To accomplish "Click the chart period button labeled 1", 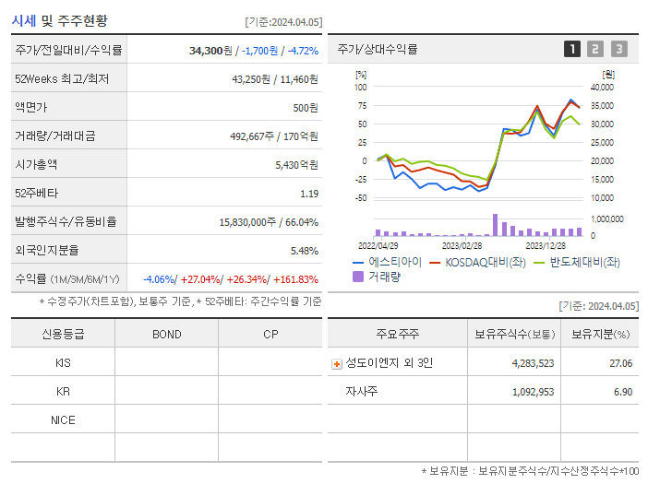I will (572, 49).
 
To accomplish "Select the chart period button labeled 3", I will (618, 49).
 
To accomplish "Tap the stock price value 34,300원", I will (211, 50).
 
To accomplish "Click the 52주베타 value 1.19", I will (309, 194).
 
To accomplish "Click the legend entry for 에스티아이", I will (387, 262).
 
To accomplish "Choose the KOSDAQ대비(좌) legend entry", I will (480, 262).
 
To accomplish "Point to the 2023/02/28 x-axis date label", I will (462, 246).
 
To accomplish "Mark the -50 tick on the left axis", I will (361, 198).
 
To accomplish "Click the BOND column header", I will (167, 334).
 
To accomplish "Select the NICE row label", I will (64, 419).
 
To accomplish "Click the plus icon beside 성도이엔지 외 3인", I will (337, 363).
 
